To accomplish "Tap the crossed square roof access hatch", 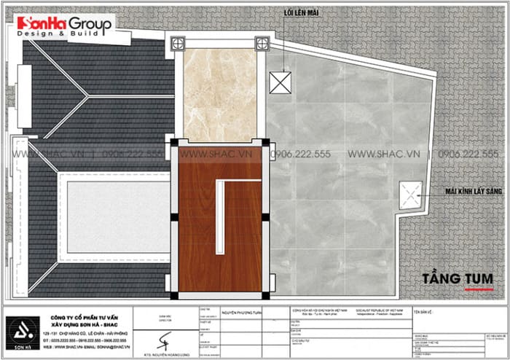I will pos(280,82).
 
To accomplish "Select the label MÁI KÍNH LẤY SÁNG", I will pos(467,192).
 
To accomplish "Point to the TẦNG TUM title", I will pos(457,279).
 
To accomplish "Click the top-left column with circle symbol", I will pos(176,44).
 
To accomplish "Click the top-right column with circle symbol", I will pos(262,44).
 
